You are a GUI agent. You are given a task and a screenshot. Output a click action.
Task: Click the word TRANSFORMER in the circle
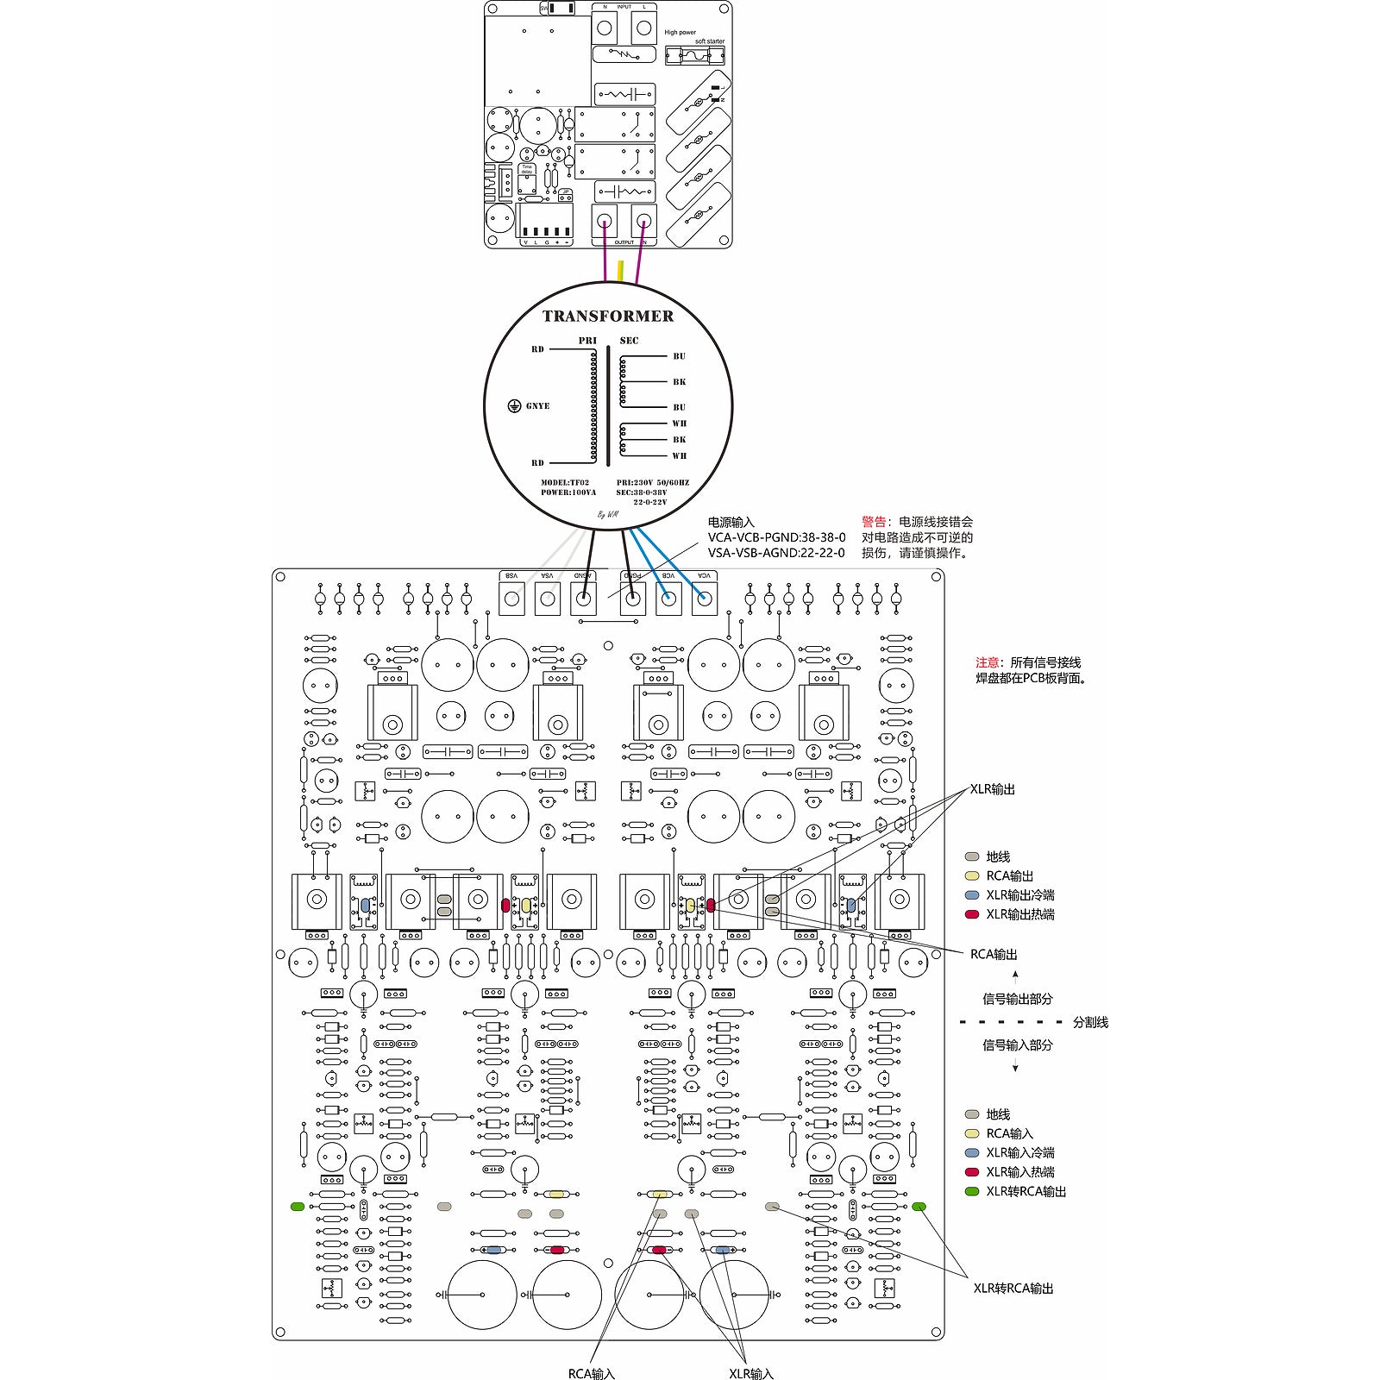coord(608,317)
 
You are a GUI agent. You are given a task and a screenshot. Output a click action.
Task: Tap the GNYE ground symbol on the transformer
coord(514,406)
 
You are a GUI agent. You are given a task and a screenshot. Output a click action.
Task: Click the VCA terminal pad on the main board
coord(705,599)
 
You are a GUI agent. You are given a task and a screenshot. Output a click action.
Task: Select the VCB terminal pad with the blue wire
coord(668,599)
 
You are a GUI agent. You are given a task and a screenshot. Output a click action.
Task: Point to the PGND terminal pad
coord(633,599)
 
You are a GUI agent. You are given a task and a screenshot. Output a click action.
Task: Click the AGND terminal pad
coord(584,599)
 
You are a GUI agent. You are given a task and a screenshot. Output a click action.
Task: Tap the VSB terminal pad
coord(512,599)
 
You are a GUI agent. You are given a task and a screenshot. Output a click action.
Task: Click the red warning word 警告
coord(873,522)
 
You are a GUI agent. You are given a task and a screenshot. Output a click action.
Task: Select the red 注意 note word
coord(987,662)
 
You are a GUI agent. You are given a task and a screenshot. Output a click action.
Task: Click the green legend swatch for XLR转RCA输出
coord(972,1191)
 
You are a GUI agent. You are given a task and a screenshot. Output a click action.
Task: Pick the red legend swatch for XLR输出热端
coord(972,914)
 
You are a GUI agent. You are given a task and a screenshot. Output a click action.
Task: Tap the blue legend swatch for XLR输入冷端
coord(972,1152)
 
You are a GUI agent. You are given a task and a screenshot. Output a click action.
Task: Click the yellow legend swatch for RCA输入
coord(972,1133)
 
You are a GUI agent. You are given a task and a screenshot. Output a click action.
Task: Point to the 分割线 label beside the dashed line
coord(1090,1022)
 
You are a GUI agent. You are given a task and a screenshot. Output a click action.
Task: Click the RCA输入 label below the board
coord(591,1373)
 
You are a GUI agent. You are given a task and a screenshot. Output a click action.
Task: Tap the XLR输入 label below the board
coord(750,1373)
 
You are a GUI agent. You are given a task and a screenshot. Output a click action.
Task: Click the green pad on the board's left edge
coord(298,1207)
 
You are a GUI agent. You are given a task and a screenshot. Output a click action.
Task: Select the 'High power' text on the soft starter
coord(680,33)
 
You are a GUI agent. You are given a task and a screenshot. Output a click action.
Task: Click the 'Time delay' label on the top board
coord(527,169)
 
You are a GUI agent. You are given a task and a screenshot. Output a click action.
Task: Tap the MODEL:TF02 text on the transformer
coord(565,483)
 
